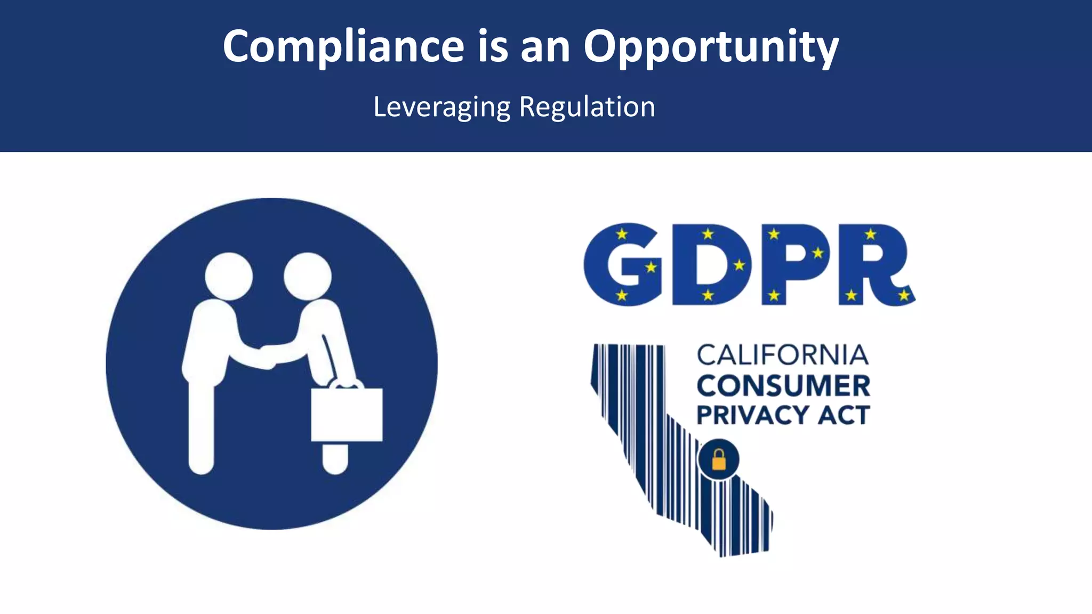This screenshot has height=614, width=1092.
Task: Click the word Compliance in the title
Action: click(343, 47)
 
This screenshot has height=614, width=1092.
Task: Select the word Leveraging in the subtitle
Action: click(441, 107)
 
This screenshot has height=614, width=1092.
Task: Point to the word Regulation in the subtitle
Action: click(587, 107)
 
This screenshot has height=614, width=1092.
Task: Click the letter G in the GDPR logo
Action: click(623, 265)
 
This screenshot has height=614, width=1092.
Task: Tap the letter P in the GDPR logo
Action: click(794, 265)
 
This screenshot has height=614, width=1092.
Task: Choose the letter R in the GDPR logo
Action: click(874, 265)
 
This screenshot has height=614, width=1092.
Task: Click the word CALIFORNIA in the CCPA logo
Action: click(783, 356)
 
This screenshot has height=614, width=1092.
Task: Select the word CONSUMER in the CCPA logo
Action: click(783, 386)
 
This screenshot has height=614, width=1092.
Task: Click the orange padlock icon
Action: click(719, 459)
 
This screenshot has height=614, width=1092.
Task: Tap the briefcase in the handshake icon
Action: click(347, 415)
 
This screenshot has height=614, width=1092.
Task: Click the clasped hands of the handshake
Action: click(269, 356)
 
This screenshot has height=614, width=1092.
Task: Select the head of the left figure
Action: click(229, 276)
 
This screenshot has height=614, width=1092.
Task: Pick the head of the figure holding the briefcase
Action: click(308, 276)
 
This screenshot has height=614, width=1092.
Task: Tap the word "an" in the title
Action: click(545, 47)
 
